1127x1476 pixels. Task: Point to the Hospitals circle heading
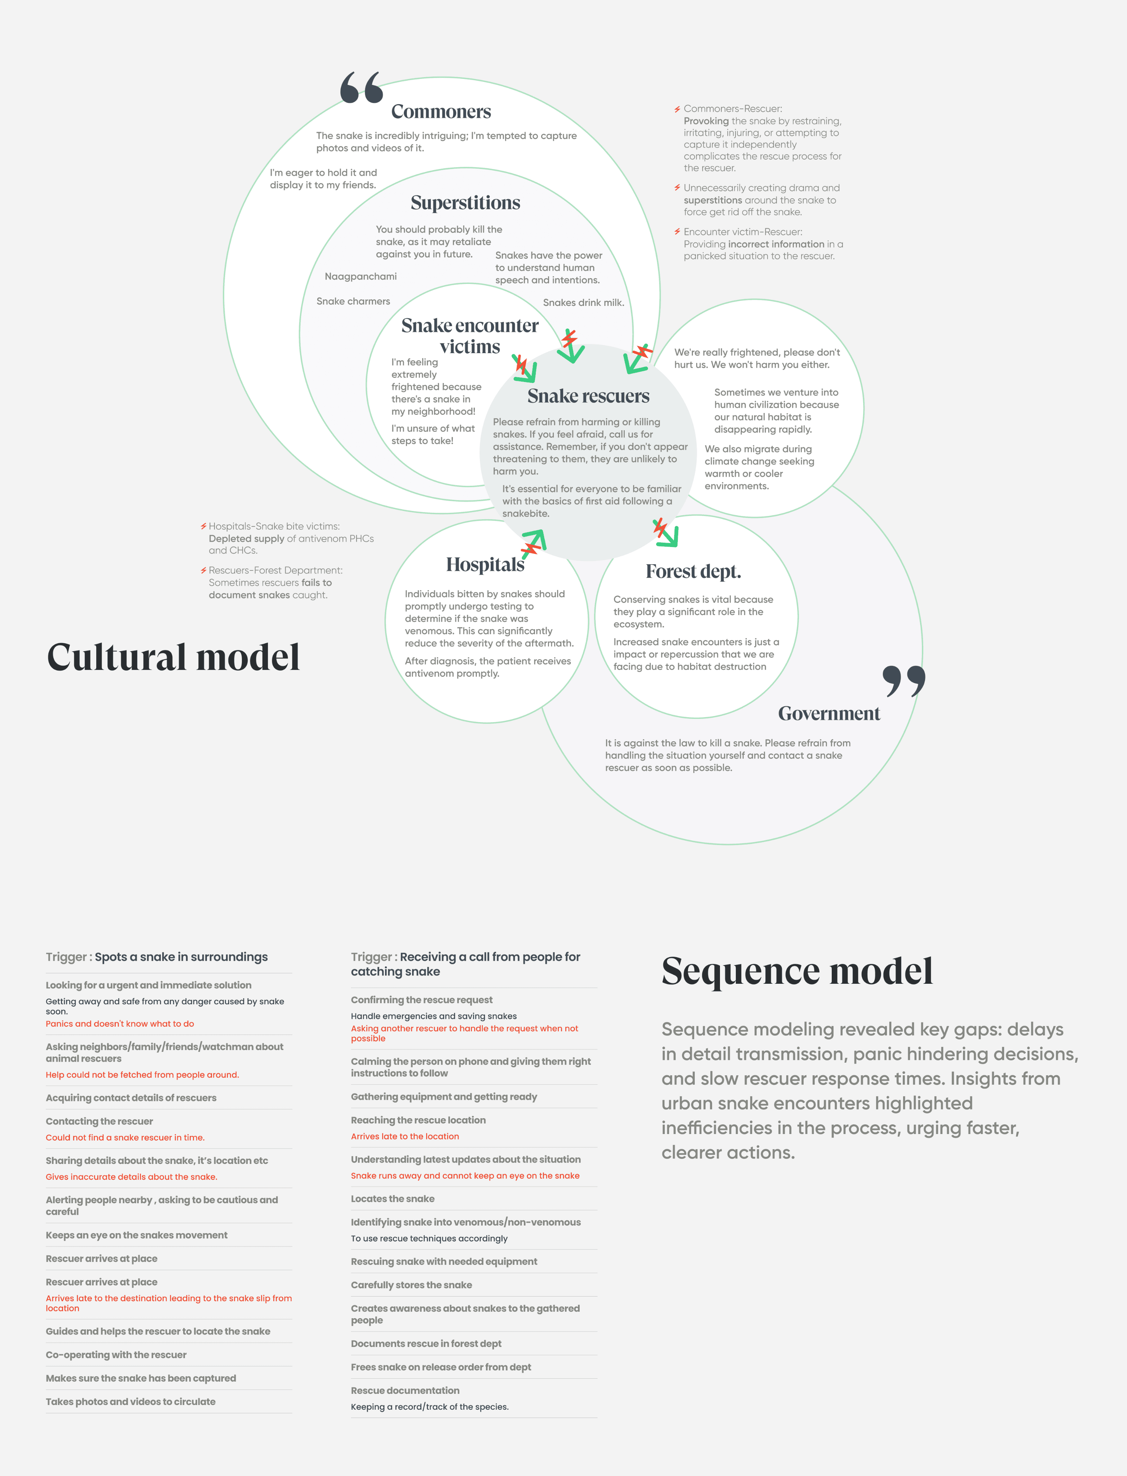[x=485, y=565]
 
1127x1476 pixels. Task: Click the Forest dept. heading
[x=693, y=572]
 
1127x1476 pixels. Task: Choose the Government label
[x=828, y=713]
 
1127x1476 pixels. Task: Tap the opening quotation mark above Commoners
[x=361, y=88]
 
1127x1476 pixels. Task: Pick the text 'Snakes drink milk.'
[x=583, y=302]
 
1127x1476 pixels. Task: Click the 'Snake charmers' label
[x=353, y=301]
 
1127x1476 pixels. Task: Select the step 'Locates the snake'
[x=393, y=1199]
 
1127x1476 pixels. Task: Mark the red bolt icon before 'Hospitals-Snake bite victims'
[x=203, y=526]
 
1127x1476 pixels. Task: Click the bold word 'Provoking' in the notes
[x=706, y=121]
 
